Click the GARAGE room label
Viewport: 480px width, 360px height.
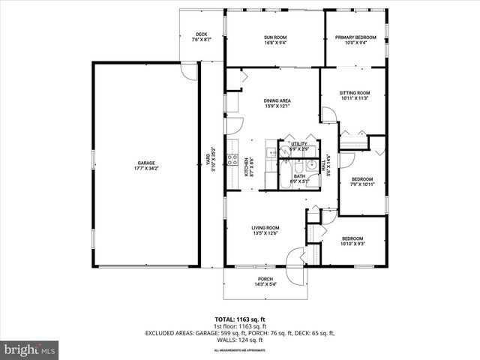point(145,163)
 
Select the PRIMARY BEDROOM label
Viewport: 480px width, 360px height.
point(355,37)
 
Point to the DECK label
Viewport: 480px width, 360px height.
point(201,34)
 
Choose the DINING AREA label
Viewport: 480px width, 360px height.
point(277,100)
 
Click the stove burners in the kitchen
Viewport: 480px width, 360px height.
point(232,160)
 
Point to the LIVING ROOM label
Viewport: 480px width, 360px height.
point(265,228)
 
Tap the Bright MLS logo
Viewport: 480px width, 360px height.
point(30,349)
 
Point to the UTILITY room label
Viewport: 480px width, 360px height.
point(299,144)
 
